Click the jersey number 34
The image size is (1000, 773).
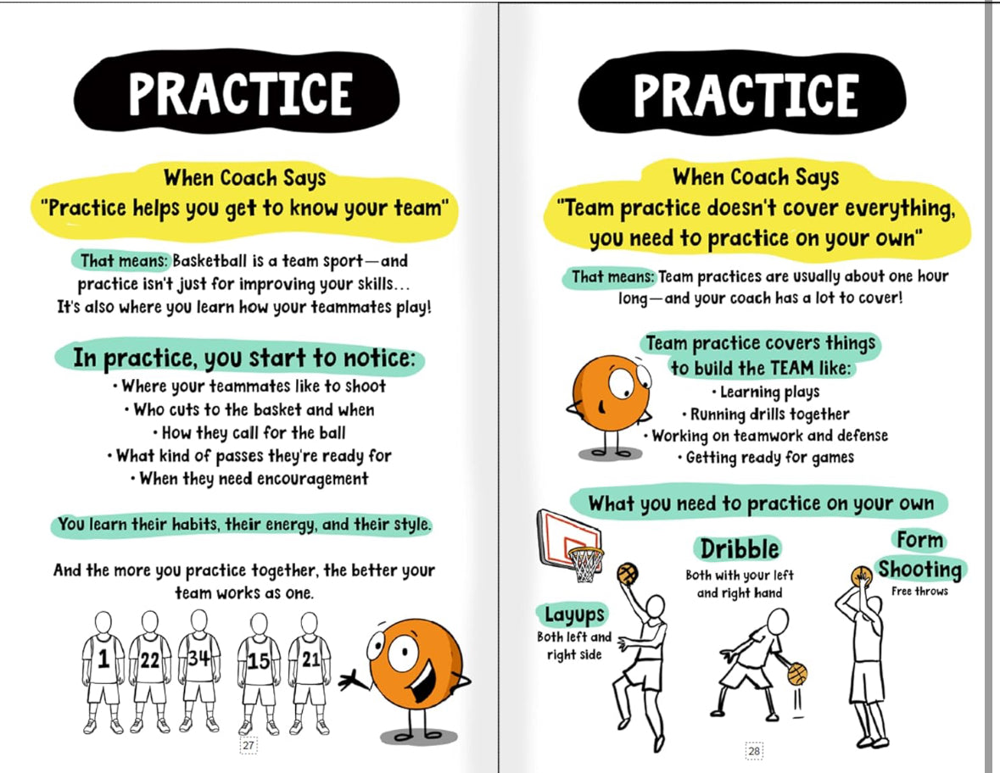click(198, 657)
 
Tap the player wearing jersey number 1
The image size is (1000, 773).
click(103, 672)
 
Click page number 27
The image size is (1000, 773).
click(248, 745)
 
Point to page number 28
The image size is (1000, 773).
click(754, 751)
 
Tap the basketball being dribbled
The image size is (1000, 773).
click(797, 674)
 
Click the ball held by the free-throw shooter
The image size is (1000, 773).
click(862, 576)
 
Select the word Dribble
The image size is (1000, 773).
click(739, 548)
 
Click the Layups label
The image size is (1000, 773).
click(574, 615)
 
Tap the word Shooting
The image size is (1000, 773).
click(919, 569)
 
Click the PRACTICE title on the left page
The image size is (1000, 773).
click(240, 94)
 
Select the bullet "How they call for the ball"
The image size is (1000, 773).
click(249, 433)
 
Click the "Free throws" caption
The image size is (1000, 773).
click(919, 592)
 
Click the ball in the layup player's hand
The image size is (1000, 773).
click(628, 574)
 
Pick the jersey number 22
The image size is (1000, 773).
click(150, 660)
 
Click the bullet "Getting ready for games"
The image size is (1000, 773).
click(765, 458)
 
